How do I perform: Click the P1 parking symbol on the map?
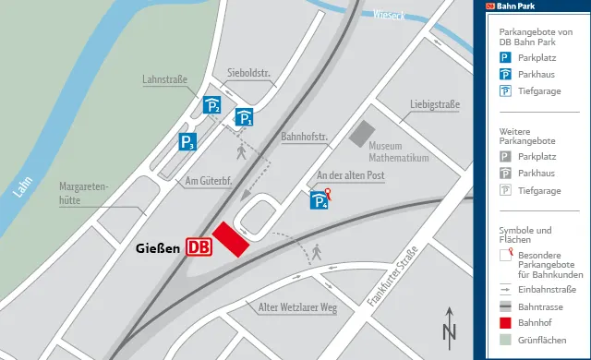(x=244, y=117)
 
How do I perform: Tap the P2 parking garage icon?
(x=212, y=106)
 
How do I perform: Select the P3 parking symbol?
(x=187, y=142)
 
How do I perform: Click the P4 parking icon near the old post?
(x=319, y=200)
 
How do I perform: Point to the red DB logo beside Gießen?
(x=199, y=246)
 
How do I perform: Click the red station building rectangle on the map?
(x=231, y=239)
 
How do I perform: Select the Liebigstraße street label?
(x=435, y=103)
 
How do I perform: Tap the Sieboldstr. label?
(x=246, y=73)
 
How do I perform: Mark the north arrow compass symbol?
(x=450, y=326)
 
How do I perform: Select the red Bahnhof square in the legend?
(x=505, y=323)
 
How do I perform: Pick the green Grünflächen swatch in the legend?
(x=505, y=342)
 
